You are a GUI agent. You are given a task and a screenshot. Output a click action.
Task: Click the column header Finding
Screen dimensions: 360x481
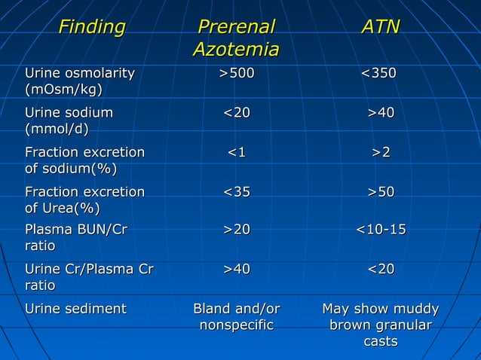pos(92,29)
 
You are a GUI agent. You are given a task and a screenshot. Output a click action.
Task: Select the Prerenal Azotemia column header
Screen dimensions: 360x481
pos(236,39)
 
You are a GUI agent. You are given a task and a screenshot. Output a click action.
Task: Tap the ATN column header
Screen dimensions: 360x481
pos(380,29)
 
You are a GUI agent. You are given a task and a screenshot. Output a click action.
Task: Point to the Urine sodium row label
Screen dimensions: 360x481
pos(69,121)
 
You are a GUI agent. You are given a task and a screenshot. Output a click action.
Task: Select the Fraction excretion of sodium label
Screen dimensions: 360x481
pos(84,160)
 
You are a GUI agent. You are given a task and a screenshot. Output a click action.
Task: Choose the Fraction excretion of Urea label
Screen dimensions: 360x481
pos(84,200)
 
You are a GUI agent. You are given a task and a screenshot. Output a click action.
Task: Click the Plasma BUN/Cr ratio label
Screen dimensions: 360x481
pos(75,237)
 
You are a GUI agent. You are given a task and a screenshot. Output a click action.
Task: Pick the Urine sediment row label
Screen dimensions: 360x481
pos(75,309)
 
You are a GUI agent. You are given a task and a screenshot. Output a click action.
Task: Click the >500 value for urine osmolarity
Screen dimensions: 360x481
pos(237,73)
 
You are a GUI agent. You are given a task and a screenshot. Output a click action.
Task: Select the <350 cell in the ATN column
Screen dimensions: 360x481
pos(380,73)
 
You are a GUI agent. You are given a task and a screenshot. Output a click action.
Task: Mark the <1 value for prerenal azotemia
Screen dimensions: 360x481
pos(237,153)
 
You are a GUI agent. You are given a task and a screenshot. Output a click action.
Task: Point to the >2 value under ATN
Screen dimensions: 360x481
pos(380,153)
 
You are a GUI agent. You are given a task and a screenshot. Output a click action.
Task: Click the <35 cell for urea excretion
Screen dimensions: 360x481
pos(237,192)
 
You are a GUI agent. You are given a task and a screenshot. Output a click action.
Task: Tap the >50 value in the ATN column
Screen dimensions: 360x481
pos(380,192)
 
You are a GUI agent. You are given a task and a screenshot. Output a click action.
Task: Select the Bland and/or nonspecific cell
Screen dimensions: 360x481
pos(237,317)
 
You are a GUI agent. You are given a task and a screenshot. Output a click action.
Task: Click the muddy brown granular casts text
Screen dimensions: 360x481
pos(380,325)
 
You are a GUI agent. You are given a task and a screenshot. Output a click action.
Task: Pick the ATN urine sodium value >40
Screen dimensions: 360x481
pos(380,113)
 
